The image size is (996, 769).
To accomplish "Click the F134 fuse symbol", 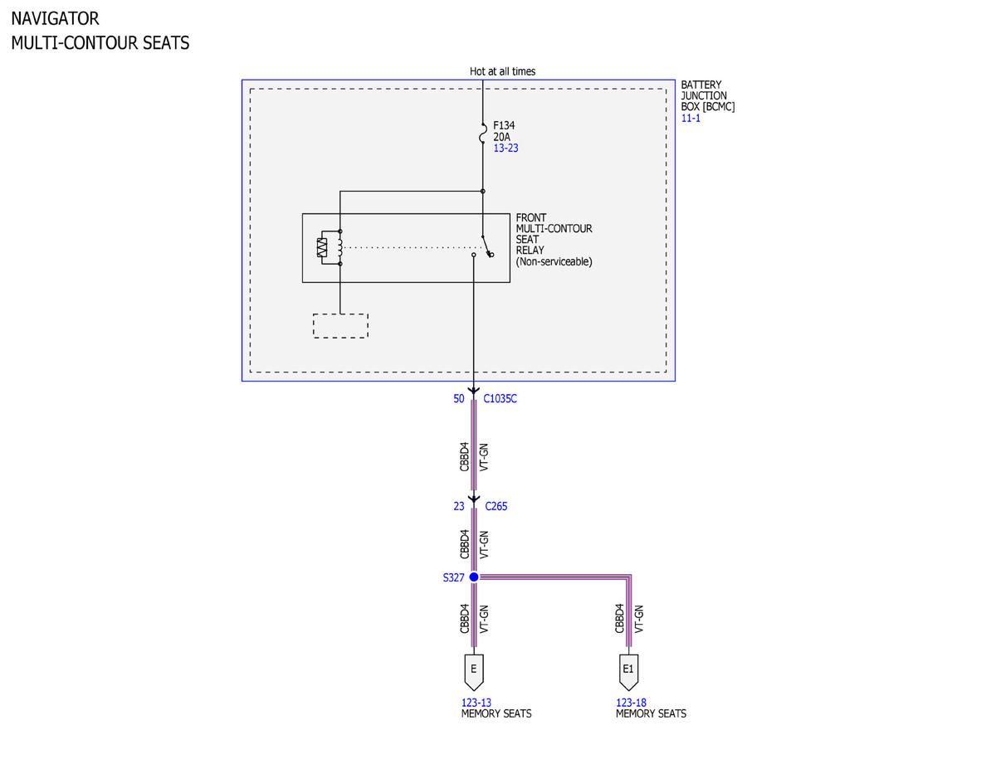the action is (482, 133).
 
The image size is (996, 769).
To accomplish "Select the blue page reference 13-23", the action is (505, 148).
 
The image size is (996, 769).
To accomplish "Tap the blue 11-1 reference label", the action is (691, 118).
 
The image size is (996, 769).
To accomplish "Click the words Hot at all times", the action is (502, 71).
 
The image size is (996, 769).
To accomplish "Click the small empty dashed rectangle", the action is (340, 326).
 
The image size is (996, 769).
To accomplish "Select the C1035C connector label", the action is (500, 398).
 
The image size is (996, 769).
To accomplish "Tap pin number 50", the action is (458, 398).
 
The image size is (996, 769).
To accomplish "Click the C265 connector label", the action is (496, 506).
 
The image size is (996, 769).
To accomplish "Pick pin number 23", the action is (458, 506).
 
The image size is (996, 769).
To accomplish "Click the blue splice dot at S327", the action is (474, 577).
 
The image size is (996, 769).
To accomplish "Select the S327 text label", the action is (453, 577).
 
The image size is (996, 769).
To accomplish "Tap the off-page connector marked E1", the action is (628, 672).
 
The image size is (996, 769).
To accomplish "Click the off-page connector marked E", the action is (473, 672).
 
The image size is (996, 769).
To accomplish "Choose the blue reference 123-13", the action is (476, 702).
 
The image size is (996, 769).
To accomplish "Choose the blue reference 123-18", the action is (631, 702).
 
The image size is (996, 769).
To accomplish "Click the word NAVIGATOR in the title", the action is (55, 19).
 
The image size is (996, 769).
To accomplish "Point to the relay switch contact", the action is (486, 246).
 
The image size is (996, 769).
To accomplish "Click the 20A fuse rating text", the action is (501, 137).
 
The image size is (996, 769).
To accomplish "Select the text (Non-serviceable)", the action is (554, 261).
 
